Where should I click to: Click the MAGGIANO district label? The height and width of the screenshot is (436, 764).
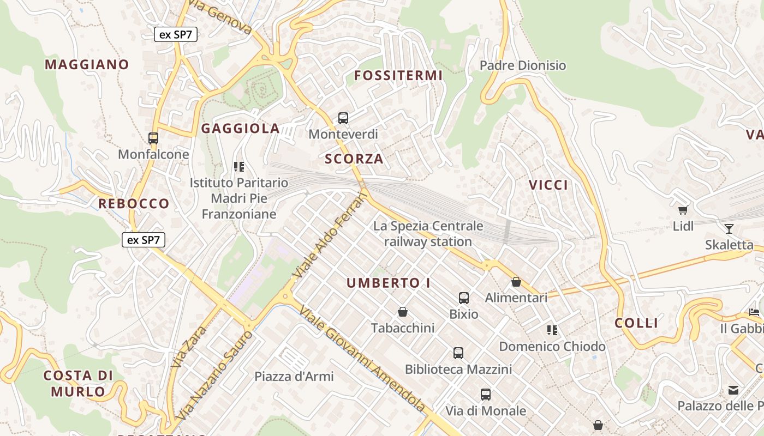click(87, 64)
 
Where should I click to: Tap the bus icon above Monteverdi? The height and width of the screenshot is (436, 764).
click(343, 118)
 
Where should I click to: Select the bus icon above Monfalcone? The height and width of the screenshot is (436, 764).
click(153, 138)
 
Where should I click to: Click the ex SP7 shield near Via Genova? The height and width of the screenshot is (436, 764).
click(175, 34)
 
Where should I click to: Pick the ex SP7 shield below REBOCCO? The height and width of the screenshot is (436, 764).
click(143, 239)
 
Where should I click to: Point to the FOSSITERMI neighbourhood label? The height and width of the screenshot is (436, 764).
click(398, 76)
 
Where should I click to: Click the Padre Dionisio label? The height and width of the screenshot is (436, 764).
click(523, 65)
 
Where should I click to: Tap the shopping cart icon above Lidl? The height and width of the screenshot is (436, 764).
click(683, 210)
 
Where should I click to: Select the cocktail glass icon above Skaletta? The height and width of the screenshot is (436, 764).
click(729, 229)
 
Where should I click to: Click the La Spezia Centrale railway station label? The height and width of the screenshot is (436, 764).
click(428, 233)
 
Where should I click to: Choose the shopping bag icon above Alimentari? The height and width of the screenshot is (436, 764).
click(516, 282)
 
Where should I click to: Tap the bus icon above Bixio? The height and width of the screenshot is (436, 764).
click(464, 298)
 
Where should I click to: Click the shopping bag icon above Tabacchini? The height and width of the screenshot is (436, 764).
click(403, 312)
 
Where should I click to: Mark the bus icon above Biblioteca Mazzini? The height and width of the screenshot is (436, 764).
click(458, 353)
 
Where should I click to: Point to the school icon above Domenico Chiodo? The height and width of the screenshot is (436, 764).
click(552, 330)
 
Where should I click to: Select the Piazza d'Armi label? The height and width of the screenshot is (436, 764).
click(294, 376)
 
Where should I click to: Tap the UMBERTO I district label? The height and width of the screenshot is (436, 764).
click(389, 283)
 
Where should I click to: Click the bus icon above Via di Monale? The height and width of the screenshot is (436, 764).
click(486, 394)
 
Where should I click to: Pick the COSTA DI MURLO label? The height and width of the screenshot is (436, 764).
click(78, 383)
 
